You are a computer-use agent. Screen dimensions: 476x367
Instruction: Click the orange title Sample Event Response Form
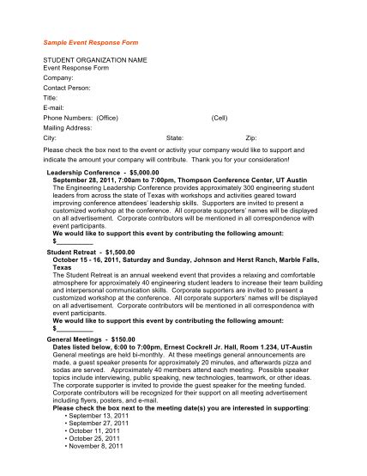[x=90, y=41]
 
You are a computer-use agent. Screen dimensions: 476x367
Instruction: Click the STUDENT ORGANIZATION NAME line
[x=95, y=60]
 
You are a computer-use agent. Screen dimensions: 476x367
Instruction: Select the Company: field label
[x=59, y=78]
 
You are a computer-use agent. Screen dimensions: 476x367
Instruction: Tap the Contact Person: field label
[x=67, y=88]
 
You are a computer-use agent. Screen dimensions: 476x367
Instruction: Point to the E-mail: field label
[x=55, y=107]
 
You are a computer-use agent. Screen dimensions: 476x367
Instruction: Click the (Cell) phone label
[x=220, y=117]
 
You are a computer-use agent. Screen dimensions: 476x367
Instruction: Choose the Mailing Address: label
[x=68, y=127]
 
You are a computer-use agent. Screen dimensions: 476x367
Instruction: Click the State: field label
[x=175, y=137]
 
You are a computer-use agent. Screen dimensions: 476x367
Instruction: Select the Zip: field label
[x=251, y=137]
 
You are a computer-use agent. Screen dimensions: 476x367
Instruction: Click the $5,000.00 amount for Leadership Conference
[x=146, y=172]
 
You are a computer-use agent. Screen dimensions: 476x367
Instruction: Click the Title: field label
[x=52, y=98]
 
